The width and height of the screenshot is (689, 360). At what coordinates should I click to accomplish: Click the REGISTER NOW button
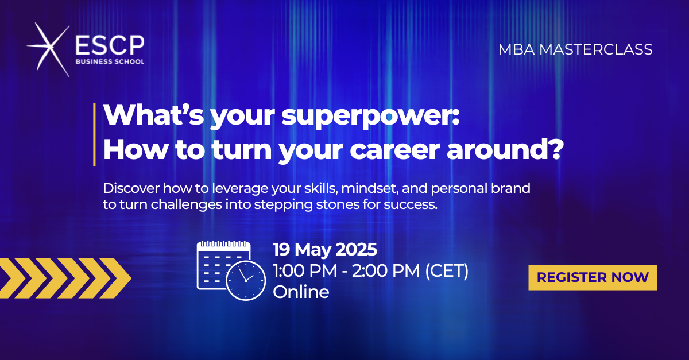coord(593,277)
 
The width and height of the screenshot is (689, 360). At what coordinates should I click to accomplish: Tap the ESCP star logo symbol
coord(49,49)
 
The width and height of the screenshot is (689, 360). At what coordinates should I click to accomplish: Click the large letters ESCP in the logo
coord(110,45)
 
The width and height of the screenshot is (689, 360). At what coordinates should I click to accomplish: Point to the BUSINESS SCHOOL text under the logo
coord(110,61)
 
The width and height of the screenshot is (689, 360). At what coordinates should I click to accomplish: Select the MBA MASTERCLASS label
coord(575,49)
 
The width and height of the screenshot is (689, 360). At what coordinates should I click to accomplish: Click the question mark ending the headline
coord(556,149)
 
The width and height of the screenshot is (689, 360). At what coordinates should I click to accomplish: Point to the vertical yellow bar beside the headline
coord(94,134)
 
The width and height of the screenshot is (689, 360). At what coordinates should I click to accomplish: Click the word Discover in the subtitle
coord(131,188)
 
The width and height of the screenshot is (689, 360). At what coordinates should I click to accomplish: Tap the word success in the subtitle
coord(411,204)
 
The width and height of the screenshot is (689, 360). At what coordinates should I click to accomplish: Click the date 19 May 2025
coord(325,249)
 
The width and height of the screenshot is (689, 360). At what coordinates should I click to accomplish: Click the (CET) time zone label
coord(447,271)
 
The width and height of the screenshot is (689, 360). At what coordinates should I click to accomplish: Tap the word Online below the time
coord(301,292)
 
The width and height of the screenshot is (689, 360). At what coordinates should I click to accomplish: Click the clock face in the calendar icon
coord(246,280)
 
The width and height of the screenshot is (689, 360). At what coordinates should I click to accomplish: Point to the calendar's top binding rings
coord(223,243)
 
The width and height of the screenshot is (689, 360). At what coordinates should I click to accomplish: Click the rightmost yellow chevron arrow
coord(115,278)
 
